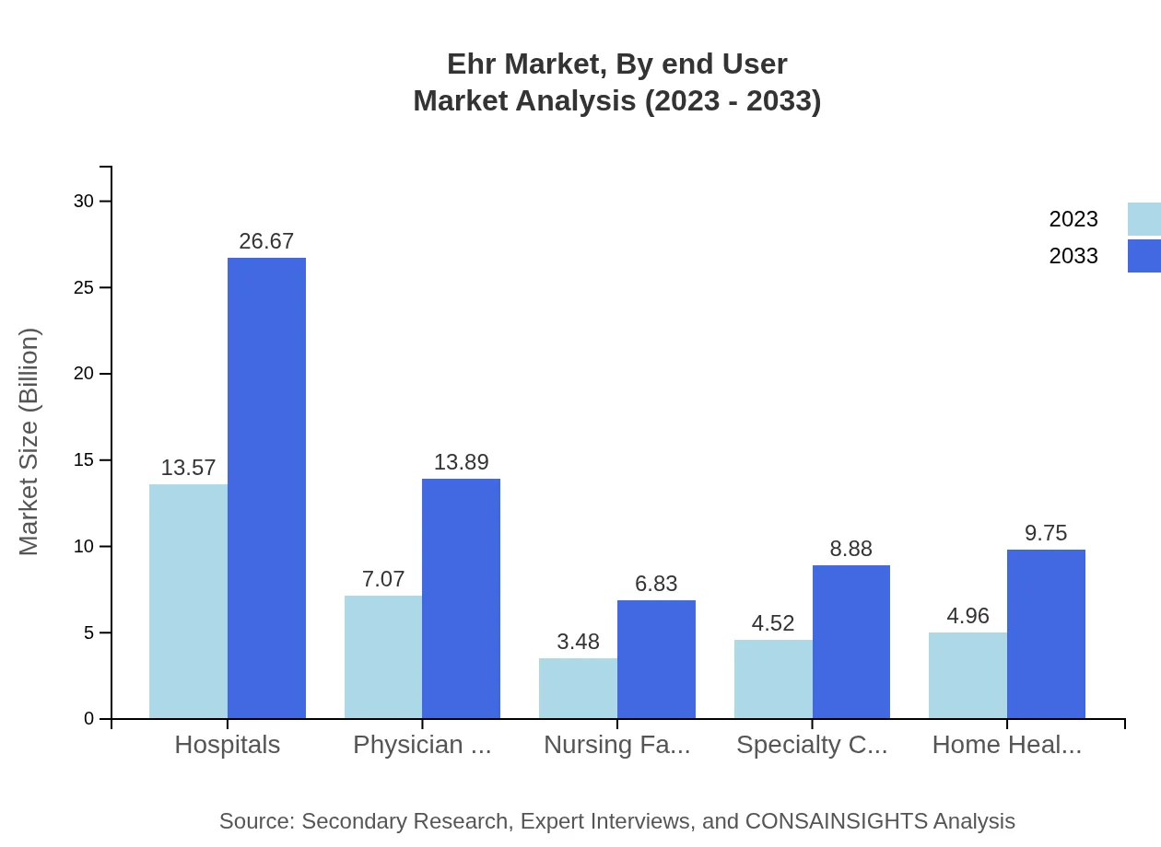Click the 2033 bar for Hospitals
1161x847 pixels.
(x=266, y=488)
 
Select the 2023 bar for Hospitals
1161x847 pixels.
(x=188, y=601)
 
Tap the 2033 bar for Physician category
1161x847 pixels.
(x=461, y=598)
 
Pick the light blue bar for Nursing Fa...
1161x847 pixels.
(x=578, y=688)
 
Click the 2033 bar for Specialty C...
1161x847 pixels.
(x=851, y=642)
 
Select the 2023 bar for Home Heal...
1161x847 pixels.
(x=967, y=675)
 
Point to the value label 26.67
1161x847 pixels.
(x=266, y=241)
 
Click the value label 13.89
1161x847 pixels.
(x=461, y=462)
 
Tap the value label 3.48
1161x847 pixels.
(x=578, y=642)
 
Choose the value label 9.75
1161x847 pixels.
(x=1046, y=533)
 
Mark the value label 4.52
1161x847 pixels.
(x=773, y=623)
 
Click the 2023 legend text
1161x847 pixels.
(x=1073, y=219)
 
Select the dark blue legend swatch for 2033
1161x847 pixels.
(x=1143, y=256)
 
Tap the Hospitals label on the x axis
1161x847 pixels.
(x=228, y=745)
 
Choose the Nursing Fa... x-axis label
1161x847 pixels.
(x=616, y=745)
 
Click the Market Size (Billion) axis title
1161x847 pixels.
(x=29, y=442)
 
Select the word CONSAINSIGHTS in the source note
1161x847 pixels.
(x=853, y=821)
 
